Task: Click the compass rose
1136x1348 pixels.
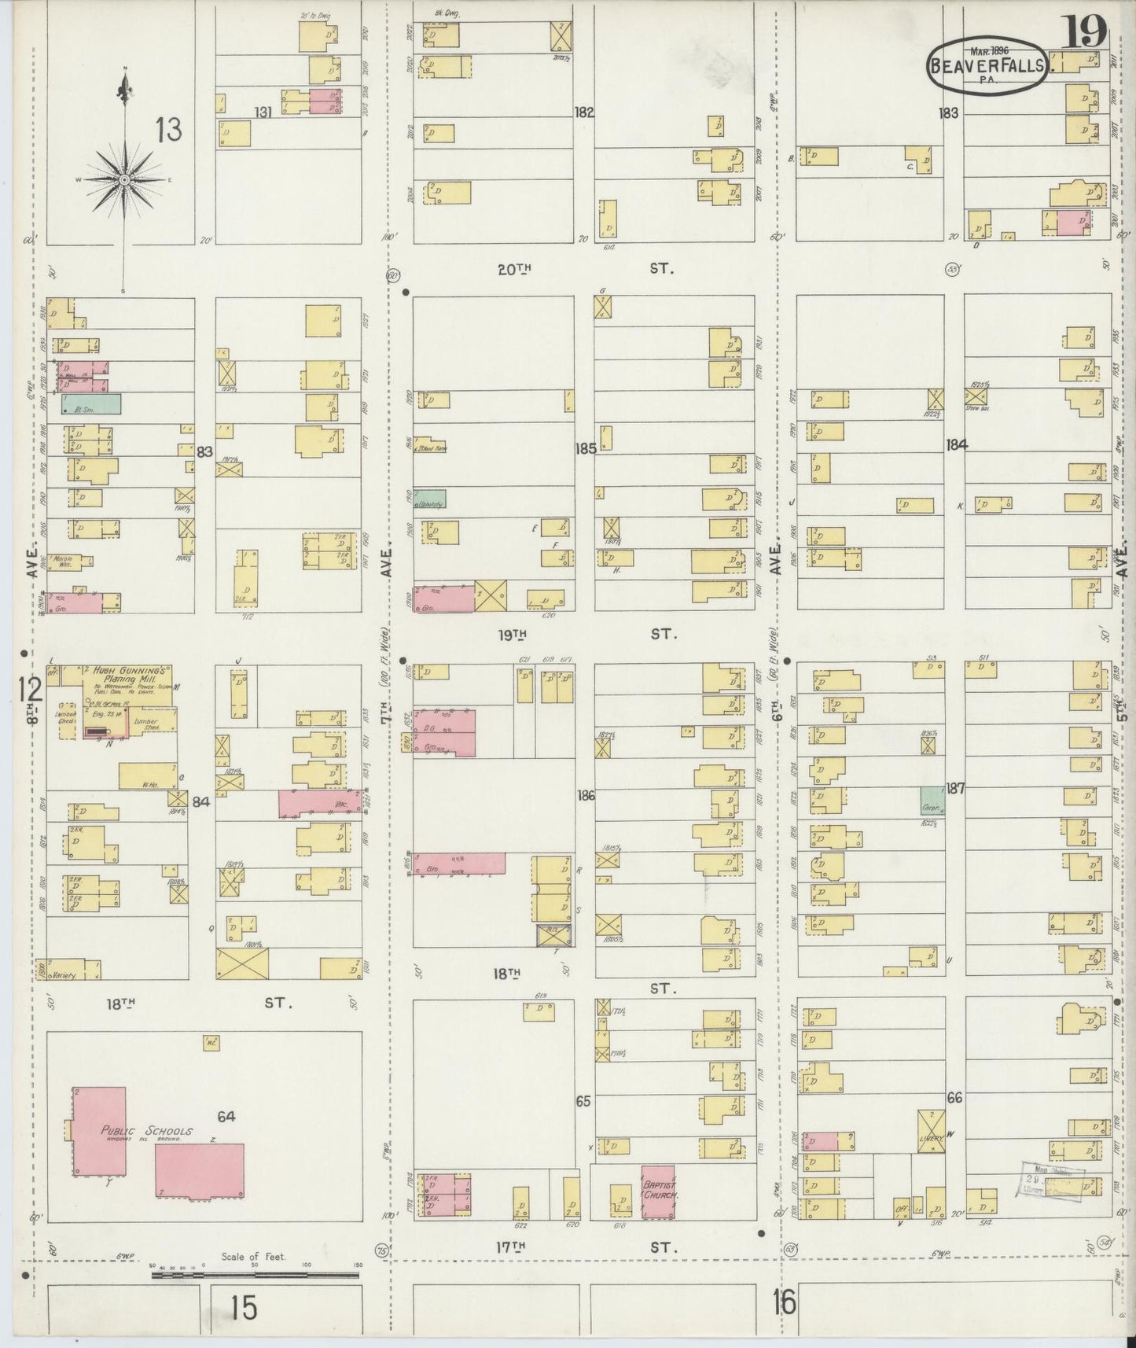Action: pyautogui.click(x=124, y=179)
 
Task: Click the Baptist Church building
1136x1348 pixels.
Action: pyautogui.click(x=659, y=1192)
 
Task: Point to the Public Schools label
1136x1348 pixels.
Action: pyautogui.click(x=146, y=1133)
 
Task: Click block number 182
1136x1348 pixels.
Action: pyautogui.click(x=584, y=112)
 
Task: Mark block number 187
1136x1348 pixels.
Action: pyautogui.click(x=955, y=789)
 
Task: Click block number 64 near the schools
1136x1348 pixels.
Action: pyautogui.click(x=226, y=1117)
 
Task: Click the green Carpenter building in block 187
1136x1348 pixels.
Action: pyautogui.click(x=932, y=801)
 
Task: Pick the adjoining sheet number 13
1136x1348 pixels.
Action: pyautogui.click(x=168, y=129)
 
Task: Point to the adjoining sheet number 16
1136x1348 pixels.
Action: pyautogui.click(x=784, y=1303)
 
